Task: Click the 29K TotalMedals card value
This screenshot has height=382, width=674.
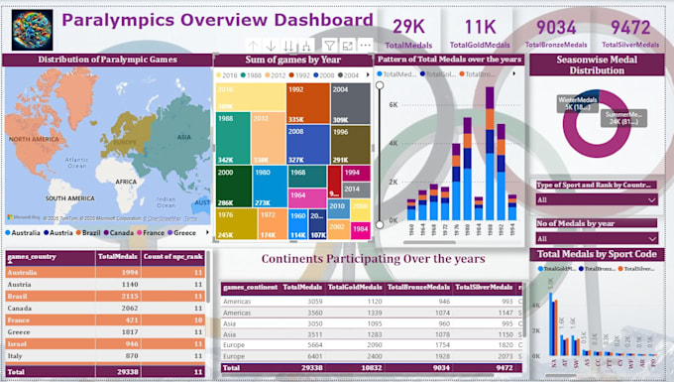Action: pos(410,27)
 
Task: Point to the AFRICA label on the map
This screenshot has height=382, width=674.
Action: pos(126,183)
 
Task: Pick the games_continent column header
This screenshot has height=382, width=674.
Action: pos(251,288)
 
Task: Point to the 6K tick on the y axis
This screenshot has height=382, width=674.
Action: pos(393,104)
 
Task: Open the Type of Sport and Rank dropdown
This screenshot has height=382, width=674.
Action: pos(597,199)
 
